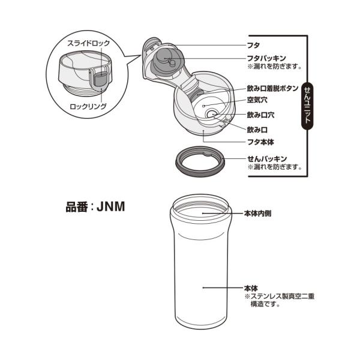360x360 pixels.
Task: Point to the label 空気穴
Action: tap(257, 100)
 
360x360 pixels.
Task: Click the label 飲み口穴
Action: tap(261, 114)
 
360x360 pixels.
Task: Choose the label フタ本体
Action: tap(261, 142)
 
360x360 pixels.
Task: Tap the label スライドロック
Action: tap(86, 44)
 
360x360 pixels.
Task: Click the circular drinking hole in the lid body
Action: tap(211, 114)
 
